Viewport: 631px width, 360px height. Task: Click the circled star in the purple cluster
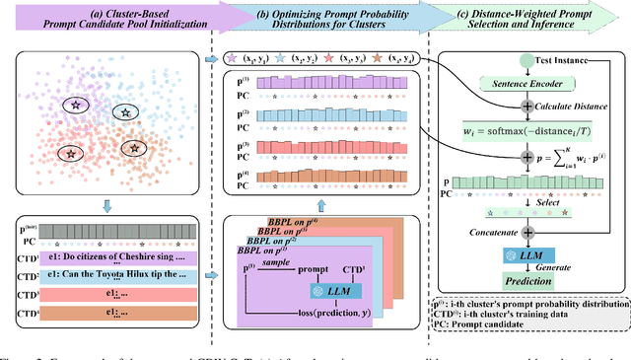coord(73,104)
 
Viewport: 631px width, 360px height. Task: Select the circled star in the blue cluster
coord(124,112)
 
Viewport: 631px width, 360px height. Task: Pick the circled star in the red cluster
coord(70,153)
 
